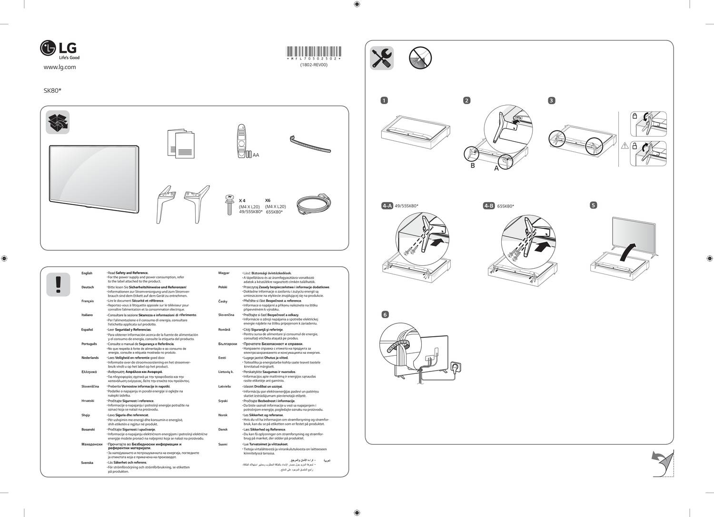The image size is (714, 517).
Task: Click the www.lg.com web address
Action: coord(59,67)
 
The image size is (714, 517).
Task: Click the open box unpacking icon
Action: coord(58,122)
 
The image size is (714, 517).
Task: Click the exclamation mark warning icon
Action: coord(58,284)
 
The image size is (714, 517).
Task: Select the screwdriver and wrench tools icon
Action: coord(382,58)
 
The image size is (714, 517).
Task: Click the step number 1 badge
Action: coord(384,100)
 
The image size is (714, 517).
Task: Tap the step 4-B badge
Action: coord(488,206)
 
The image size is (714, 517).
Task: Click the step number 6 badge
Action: coord(385,314)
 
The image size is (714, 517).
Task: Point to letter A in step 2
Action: coord(496,168)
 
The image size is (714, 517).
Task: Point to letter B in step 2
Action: coord(473,166)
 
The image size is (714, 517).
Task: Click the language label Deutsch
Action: coord(88,287)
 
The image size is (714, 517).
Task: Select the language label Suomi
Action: coord(223,444)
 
